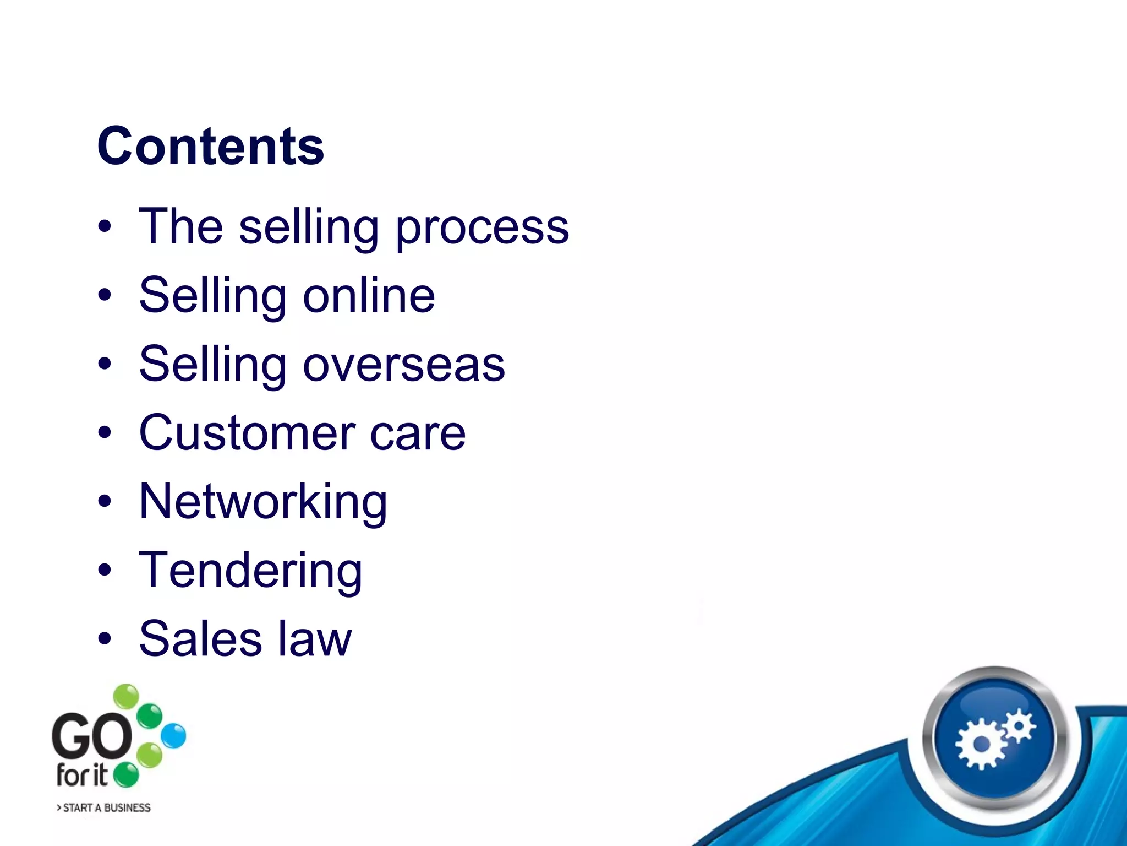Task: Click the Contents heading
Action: (211, 146)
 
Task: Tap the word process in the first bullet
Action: (482, 227)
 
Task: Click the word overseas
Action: (404, 365)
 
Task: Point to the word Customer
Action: (247, 433)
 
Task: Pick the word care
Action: (418, 434)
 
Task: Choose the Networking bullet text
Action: (263, 502)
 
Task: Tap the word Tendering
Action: (250, 571)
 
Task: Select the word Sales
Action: (200, 639)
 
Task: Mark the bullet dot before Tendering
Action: (105, 571)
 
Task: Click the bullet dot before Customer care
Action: (105, 433)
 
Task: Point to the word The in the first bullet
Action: (181, 226)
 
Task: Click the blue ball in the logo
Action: (174, 736)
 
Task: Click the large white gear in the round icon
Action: (982, 744)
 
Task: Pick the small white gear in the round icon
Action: (1019, 725)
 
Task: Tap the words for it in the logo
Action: (82, 775)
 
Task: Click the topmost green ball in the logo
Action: (127, 697)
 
